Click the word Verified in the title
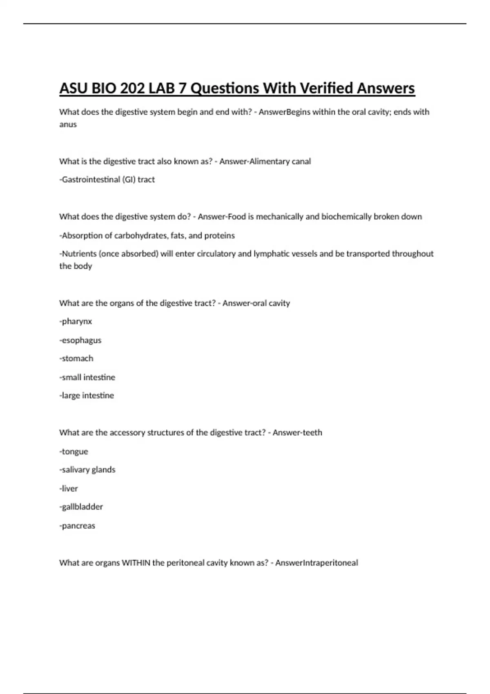click(x=326, y=88)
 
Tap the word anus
click(x=68, y=125)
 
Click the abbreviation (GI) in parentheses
click(x=129, y=180)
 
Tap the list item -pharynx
click(x=76, y=322)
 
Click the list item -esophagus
click(x=80, y=340)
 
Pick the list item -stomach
click(x=76, y=358)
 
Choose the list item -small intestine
click(x=87, y=377)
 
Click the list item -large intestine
click(x=87, y=396)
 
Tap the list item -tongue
click(x=73, y=452)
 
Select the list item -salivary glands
click(x=87, y=470)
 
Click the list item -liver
click(x=68, y=489)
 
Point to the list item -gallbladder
click(x=81, y=507)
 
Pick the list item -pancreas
click(x=77, y=526)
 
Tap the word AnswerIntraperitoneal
click(x=316, y=563)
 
